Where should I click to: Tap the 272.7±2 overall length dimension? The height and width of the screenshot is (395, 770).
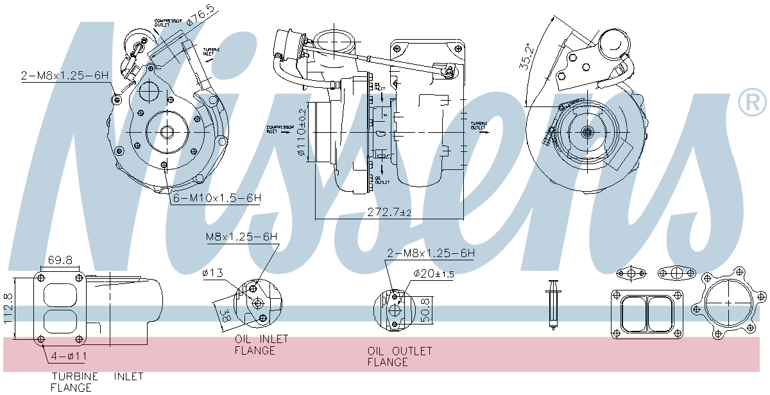click(389, 212)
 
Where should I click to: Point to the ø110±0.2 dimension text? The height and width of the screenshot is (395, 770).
click(302, 132)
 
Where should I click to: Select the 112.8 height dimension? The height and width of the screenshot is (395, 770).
click(8, 308)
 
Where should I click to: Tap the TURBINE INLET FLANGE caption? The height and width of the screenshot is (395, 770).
click(97, 382)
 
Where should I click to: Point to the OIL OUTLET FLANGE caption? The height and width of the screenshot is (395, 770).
click(399, 357)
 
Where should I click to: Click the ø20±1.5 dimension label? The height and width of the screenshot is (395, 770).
click(434, 274)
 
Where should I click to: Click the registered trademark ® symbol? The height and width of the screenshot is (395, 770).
click(752, 103)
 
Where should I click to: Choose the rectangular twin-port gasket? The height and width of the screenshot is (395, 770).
click(647, 313)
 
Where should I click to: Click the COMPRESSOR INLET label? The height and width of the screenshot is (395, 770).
click(280, 129)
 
